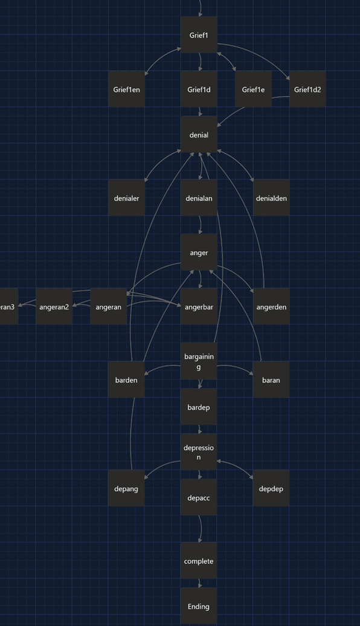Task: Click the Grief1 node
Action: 199,35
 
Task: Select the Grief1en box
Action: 126,89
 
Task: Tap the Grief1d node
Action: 199,89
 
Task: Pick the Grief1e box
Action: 253,89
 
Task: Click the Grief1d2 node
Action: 307,89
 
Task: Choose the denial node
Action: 199,135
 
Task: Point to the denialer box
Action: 126,198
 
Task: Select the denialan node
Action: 199,198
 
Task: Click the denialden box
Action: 271,198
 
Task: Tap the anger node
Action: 199,253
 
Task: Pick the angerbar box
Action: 199,307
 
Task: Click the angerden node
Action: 271,307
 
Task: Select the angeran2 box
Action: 54,307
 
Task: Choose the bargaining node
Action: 199,361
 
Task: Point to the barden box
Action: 126,380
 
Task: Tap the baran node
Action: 271,380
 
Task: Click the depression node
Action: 199,452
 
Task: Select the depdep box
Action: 271,489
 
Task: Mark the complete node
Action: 199,561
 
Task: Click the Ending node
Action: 199,606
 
